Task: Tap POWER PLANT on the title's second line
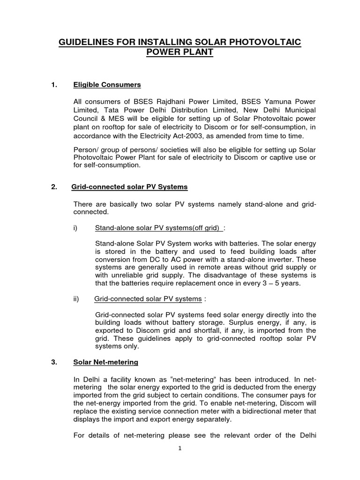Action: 180,52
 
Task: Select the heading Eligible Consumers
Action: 107,85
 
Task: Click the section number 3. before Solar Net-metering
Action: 54,360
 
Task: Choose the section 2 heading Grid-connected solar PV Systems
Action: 129,187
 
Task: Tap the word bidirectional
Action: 257,411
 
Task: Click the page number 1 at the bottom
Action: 180,448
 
